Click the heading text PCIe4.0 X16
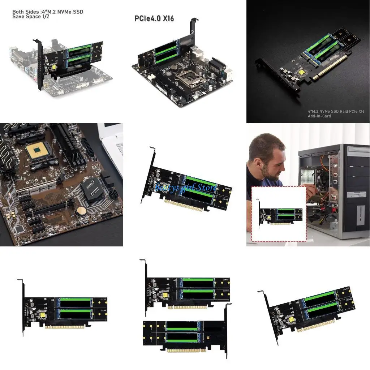coord(154,18)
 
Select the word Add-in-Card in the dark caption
coord(319,116)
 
